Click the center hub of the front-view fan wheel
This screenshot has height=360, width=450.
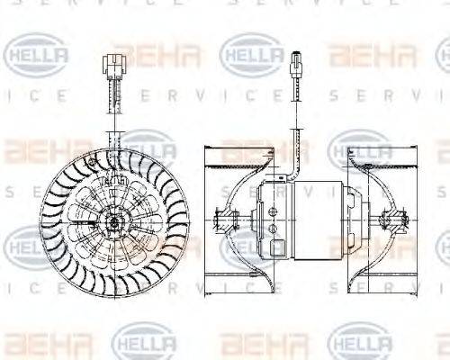point(114,220)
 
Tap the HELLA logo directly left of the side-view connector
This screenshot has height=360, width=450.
point(252,55)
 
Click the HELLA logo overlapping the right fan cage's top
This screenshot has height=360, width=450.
point(360,148)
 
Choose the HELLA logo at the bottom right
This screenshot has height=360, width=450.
point(359,345)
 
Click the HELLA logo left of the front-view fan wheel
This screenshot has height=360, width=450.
point(27,243)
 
